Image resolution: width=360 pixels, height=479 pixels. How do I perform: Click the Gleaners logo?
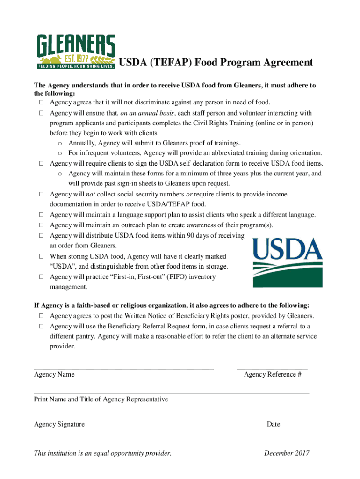point(76,51)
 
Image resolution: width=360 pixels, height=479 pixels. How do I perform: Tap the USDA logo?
point(288,262)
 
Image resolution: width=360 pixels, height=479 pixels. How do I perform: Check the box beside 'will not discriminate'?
point(41,102)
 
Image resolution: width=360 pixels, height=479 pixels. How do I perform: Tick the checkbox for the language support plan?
point(41,215)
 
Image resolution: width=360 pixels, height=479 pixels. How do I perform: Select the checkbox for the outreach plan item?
point(41,225)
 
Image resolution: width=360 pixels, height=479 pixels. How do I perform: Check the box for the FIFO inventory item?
point(41,277)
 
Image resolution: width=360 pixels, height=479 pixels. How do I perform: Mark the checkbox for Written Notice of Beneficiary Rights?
point(41,316)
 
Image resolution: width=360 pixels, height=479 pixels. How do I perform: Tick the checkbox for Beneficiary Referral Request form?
point(41,327)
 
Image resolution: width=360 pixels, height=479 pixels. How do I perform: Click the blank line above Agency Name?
point(123,368)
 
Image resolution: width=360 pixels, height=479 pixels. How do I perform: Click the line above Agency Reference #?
point(272,368)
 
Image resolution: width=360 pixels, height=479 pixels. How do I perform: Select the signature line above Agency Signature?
point(123,418)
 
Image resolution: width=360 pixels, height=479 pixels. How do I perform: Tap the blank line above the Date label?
point(272,418)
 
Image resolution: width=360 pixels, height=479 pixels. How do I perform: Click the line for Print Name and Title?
point(171,393)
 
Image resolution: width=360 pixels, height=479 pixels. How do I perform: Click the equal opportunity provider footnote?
point(102,453)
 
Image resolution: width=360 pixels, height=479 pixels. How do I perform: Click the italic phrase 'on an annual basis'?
point(147,113)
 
